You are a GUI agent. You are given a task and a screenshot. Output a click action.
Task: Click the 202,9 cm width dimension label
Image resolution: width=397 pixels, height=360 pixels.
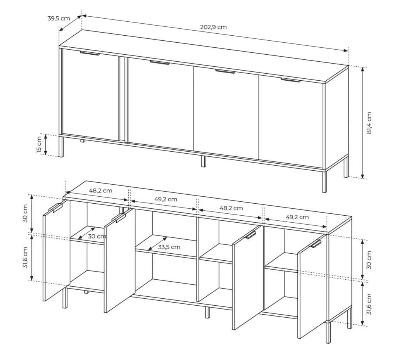[x=214, y=27]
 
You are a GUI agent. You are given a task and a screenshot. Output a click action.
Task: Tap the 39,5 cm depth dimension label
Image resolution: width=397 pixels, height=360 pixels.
[x=59, y=18]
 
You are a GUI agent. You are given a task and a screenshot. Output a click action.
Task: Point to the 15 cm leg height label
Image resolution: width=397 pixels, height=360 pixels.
[x=39, y=145]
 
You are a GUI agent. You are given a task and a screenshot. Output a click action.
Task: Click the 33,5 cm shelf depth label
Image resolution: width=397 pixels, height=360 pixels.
[x=169, y=247]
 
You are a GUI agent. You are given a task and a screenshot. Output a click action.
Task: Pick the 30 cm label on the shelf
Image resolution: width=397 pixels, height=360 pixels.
[x=97, y=236]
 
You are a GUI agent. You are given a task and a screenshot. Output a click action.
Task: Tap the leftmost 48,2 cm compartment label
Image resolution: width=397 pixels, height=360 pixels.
[x=100, y=190]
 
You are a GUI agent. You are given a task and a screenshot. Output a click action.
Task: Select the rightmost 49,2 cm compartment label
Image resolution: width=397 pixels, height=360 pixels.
[x=297, y=217]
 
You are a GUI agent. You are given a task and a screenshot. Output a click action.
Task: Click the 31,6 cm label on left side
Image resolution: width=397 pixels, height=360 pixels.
[x=25, y=258]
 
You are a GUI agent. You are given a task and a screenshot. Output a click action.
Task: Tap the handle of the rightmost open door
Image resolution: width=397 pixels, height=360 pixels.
[x=315, y=244]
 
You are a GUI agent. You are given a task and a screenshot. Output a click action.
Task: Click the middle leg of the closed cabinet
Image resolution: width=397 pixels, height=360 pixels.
[x=203, y=161]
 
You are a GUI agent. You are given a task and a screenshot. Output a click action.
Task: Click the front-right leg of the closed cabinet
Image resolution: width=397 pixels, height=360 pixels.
[x=324, y=182]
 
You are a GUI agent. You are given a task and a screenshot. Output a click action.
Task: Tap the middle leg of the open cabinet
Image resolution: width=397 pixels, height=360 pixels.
[x=207, y=312]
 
